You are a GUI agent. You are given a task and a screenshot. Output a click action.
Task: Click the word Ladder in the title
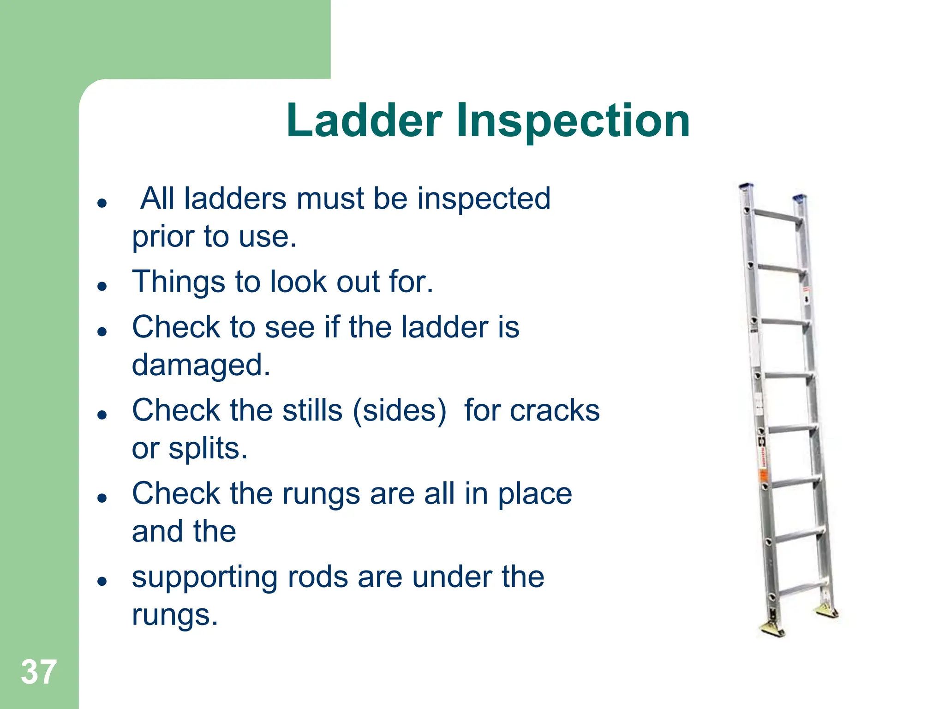click(x=364, y=121)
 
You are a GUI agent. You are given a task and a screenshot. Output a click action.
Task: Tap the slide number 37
click(x=39, y=672)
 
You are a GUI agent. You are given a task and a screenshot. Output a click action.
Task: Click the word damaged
click(x=201, y=365)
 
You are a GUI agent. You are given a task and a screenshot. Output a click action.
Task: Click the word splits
click(x=208, y=449)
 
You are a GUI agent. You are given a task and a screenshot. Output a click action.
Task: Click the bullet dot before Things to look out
click(x=102, y=286)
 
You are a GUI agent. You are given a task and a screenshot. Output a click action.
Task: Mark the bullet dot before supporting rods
click(x=102, y=582)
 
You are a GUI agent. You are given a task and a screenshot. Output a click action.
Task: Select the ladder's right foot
click(x=827, y=612)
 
